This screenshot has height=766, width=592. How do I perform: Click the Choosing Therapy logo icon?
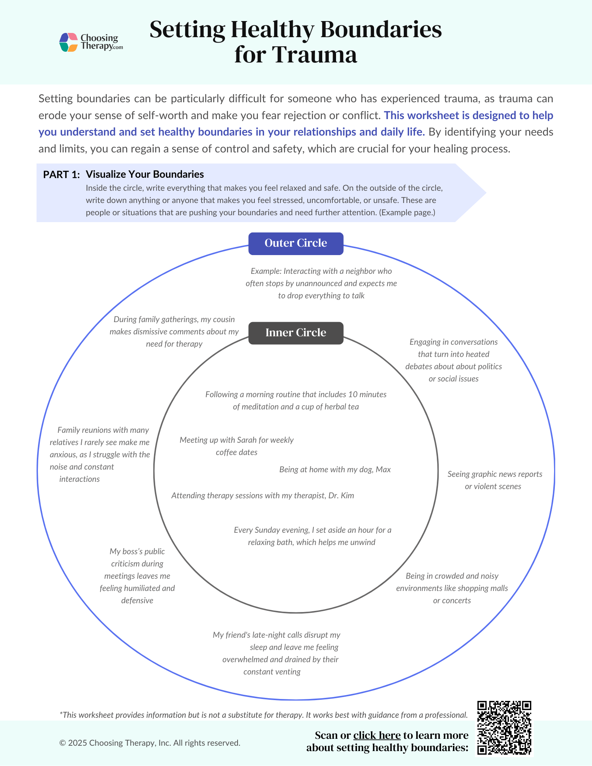(69, 42)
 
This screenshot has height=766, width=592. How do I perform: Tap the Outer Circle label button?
(296, 243)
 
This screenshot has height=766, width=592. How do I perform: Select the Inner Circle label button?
(296, 332)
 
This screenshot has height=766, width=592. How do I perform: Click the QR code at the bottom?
(504, 728)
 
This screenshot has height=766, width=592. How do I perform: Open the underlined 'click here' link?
(377, 735)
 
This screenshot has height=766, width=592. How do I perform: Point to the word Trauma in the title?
(314, 54)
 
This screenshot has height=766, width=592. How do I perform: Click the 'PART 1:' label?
(61, 175)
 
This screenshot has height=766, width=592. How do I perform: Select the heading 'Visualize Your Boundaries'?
(144, 174)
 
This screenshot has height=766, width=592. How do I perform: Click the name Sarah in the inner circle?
(247, 440)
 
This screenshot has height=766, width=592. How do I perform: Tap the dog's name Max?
(383, 470)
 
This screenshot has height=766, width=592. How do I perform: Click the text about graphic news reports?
(494, 480)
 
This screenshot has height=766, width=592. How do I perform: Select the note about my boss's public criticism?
(137, 576)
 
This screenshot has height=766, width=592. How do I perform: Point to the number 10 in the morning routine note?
(353, 394)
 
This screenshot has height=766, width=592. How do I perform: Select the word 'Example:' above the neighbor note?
(266, 271)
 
